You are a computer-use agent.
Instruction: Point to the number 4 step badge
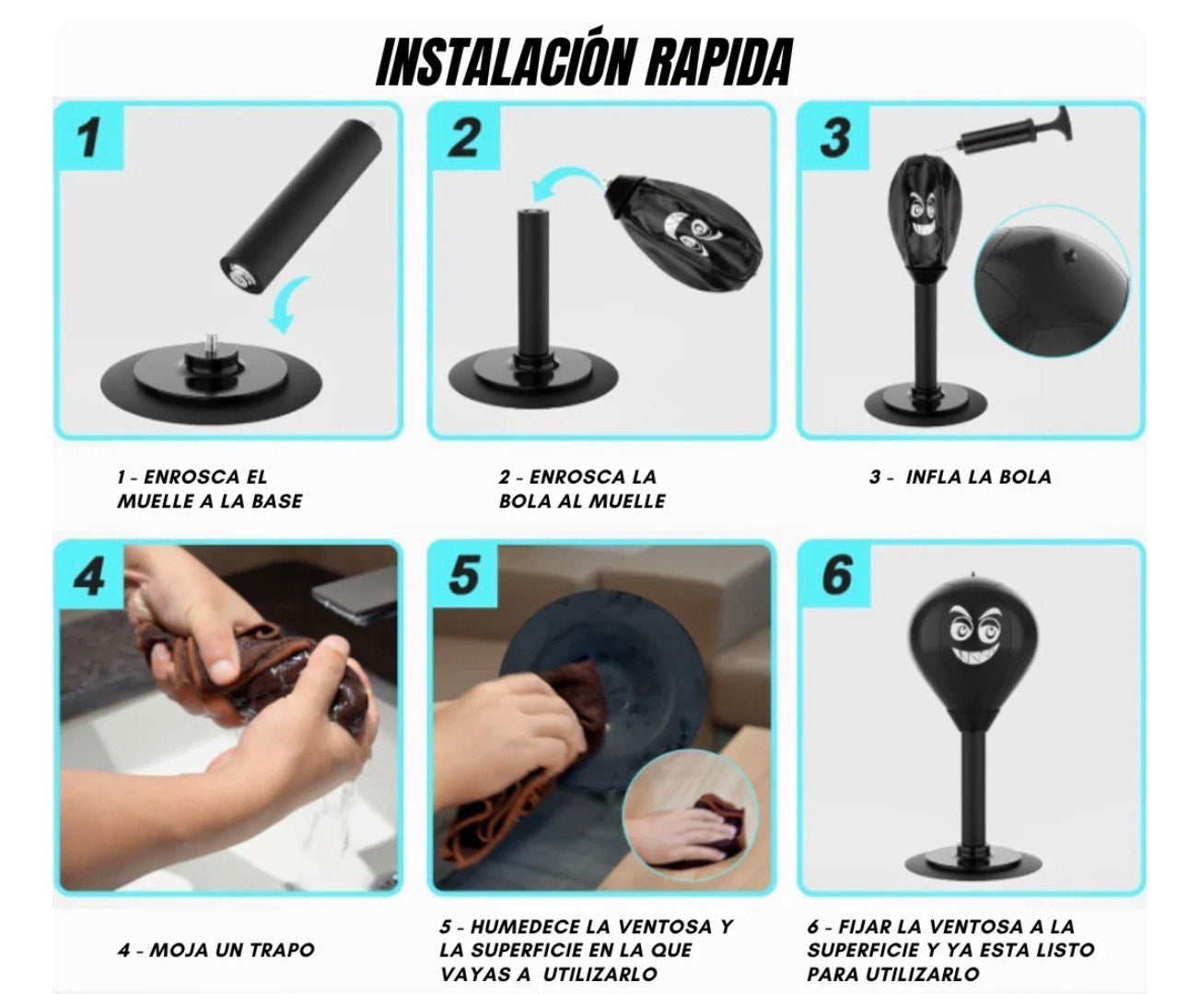coord(89,576)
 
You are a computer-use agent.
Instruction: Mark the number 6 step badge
coord(834,576)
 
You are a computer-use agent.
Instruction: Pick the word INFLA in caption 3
coord(932,476)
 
